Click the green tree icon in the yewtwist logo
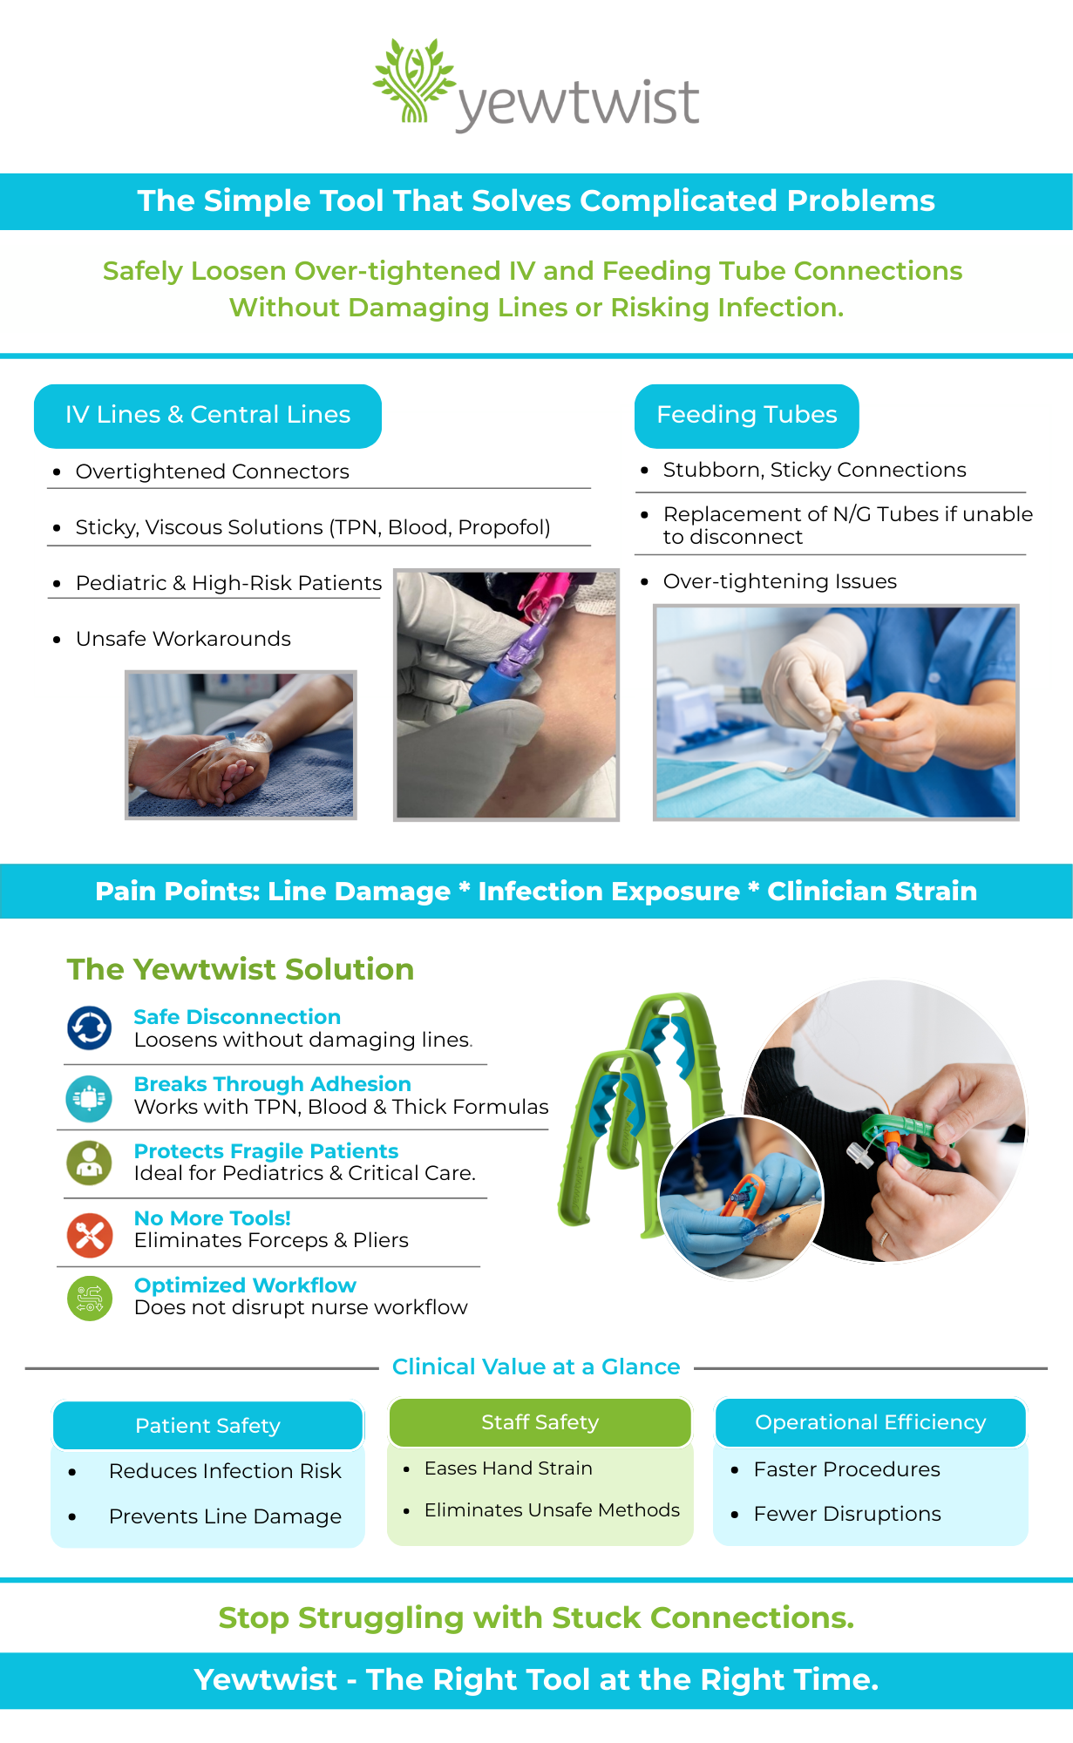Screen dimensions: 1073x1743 click(x=414, y=80)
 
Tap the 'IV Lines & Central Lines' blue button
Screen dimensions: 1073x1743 click(x=207, y=416)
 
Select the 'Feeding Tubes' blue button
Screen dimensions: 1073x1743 click(x=746, y=416)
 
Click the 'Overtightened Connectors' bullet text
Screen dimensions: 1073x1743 click(x=212, y=471)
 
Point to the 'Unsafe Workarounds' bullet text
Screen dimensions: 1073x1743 click(x=183, y=639)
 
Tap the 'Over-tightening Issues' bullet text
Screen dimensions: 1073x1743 click(x=779, y=581)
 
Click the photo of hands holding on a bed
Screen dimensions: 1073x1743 click(x=241, y=745)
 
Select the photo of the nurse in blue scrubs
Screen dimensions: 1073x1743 click(x=836, y=713)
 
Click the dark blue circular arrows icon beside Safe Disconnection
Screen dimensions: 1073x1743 click(x=89, y=1028)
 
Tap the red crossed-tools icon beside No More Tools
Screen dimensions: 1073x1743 click(x=89, y=1236)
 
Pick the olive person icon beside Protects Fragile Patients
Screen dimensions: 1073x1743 click(x=89, y=1163)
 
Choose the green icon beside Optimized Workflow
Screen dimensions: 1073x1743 click(x=89, y=1299)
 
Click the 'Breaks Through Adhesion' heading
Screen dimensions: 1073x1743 click(x=272, y=1084)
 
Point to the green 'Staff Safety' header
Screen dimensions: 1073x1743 click(x=540, y=1422)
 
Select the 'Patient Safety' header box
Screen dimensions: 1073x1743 click(x=207, y=1426)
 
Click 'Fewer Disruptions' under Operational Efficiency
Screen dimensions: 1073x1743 click(x=847, y=1514)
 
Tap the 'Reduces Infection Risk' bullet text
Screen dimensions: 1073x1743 click(x=225, y=1471)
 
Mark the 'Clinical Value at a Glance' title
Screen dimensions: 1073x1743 click(x=536, y=1367)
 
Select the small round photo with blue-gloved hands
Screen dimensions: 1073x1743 click(x=741, y=1198)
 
